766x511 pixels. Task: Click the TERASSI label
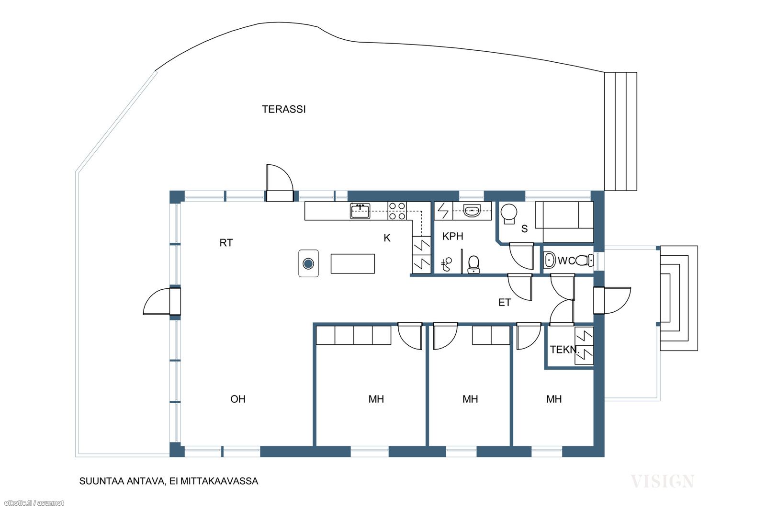click(x=284, y=110)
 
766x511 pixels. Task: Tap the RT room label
click(x=226, y=243)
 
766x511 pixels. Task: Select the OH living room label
click(x=238, y=399)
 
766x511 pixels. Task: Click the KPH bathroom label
click(x=453, y=237)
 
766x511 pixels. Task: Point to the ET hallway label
click(x=505, y=303)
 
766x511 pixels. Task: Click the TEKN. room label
click(x=564, y=350)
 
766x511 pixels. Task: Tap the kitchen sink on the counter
click(x=360, y=211)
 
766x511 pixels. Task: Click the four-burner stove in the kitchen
click(x=397, y=211)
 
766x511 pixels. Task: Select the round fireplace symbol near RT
click(x=308, y=264)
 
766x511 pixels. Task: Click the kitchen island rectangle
click(x=352, y=264)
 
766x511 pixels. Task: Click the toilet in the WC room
click(x=585, y=261)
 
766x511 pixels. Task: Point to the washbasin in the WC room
click(x=550, y=260)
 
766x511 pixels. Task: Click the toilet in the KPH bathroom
click(x=473, y=264)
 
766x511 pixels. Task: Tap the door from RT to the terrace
click(x=280, y=183)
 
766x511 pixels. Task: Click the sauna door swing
click(x=521, y=256)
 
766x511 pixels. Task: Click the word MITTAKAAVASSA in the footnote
click(x=219, y=481)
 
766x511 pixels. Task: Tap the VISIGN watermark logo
click(x=663, y=481)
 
